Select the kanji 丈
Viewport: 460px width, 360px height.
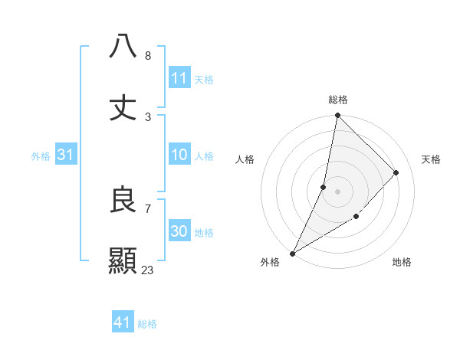[x=123, y=107]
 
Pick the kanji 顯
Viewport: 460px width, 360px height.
[x=123, y=260]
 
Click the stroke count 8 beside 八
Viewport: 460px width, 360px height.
[x=147, y=56]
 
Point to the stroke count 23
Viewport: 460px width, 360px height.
[x=148, y=270]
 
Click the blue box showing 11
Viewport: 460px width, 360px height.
[x=179, y=77]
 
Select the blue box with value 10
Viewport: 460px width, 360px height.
[x=179, y=155]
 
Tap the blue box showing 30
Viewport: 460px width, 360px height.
[x=179, y=231]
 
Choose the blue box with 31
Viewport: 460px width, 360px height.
[x=66, y=155]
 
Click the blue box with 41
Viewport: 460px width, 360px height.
[x=123, y=322]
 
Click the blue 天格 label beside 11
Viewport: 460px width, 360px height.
[x=204, y=79]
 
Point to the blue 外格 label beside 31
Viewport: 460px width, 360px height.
[x=41, y=156]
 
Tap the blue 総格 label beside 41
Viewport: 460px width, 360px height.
[x=147, y=324]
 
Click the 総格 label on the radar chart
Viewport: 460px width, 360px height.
[x=337, y=100]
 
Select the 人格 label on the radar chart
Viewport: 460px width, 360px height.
[x=245, y=159]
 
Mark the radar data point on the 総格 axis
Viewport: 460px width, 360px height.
[x=337, y=116]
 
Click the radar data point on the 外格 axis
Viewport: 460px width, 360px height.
[x=292, y=253]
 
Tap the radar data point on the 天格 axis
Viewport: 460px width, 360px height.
[x=396, y=172]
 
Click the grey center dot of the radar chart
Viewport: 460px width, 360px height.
[x=337, y=191]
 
